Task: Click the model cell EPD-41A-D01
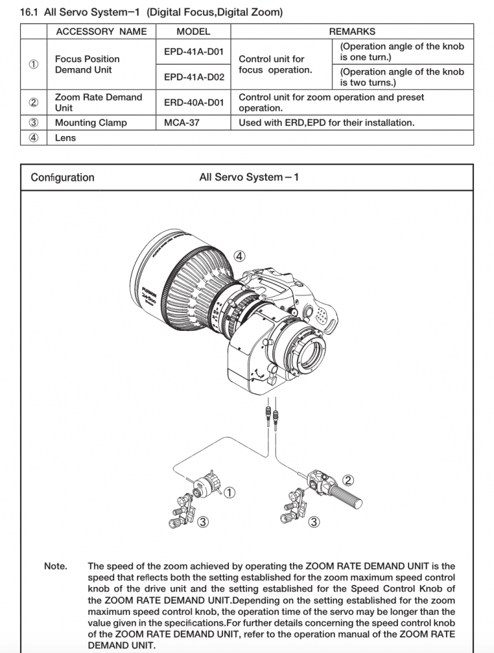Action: coord(194,51)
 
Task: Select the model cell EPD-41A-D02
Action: coord(194,77)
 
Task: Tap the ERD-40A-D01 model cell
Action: coord(194,102)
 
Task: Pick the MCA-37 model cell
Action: coord(182,123)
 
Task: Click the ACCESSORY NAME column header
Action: coord(101,31)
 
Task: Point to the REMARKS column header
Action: coord(352,31)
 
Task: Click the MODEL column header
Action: coord(193,31)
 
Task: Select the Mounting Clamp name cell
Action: coord(91,123)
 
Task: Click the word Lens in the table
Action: coord(65,138)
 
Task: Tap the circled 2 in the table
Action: coord(33,102)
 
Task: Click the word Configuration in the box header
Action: coord(63,177)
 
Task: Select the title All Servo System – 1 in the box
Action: coord(248,177)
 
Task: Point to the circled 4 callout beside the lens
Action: coord(240,256)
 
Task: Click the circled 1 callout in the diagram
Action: coord(229,492)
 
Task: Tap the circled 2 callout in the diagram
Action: coord(348,479)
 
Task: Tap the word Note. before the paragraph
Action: coord(55,566)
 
